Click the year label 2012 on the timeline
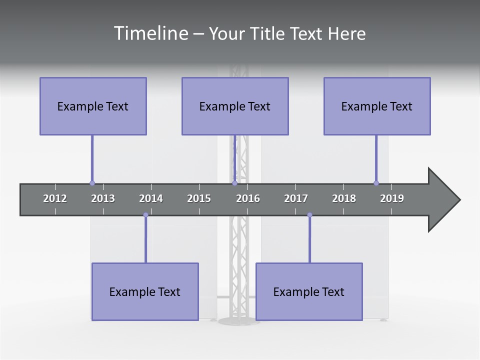(x=55, y=198)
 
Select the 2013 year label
(x=103, y=198)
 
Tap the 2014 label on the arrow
(x=151, y=198)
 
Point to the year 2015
(x=199, y=198)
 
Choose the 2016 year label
(x=248, y=198)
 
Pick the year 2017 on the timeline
(x=296, y=198)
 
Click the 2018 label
(x=344, y=198)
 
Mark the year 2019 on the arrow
(x=392, y=198)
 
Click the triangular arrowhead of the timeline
(x=442, y=200)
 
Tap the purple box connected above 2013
(x=93, y=106)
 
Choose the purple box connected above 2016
(x=235, y=106)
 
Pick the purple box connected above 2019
(x=377, y=106)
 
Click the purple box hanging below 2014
(x=145, y=291)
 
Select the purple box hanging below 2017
(x=309, y=291)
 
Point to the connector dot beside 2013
(x=92, y=183)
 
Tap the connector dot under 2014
(x=145, y=215)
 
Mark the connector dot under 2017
(x=309, y=215)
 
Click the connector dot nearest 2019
(x=376, y=183)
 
